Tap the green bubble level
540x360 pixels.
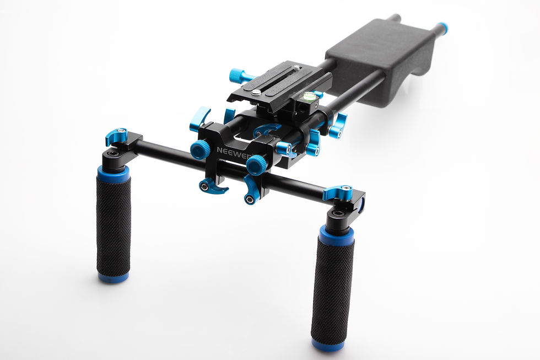310,96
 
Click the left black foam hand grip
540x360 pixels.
114,227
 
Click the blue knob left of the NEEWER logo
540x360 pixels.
200,149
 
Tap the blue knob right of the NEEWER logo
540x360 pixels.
257,164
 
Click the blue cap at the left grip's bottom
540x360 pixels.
114,277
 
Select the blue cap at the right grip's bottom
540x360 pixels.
328,345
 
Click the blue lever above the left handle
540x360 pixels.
117,135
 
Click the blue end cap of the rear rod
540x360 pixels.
441,28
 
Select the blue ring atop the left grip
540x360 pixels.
114,174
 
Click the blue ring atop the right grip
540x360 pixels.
336,236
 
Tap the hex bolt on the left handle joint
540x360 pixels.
113,153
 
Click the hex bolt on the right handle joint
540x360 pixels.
338,213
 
